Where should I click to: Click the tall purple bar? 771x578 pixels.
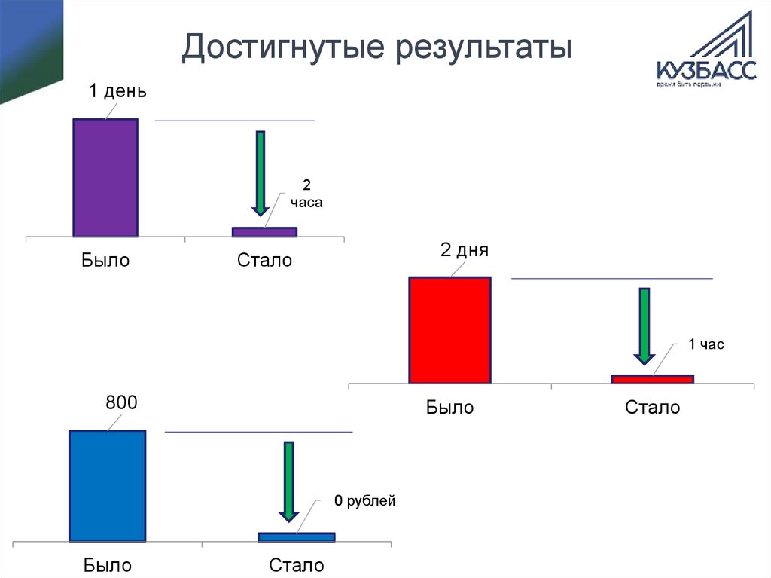[105, 178]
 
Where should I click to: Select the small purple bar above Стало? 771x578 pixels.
[264, 232]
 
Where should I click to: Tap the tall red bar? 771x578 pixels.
[449, 330]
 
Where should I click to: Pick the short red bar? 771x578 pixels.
[652, 379]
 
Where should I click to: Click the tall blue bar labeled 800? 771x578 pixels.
[107, 485]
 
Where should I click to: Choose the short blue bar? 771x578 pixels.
[296, 537]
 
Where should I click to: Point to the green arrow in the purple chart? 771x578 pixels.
[261, 172]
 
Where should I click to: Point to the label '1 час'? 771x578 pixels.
[705, 344]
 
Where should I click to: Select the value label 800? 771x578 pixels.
[121, 403]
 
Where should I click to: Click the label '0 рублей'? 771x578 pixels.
[364, 500]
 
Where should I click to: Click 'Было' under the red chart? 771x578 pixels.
[449, 408]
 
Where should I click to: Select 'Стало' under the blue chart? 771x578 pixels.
[297, 565]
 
